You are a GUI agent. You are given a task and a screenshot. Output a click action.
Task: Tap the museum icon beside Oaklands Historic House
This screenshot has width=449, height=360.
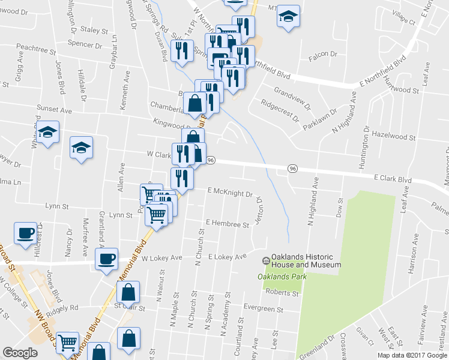[x=265, y=260]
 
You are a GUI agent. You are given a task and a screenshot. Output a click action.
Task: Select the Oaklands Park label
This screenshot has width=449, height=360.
[x=282, y=277]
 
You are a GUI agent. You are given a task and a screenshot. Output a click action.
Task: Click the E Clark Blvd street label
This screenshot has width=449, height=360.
[x=393, y=178]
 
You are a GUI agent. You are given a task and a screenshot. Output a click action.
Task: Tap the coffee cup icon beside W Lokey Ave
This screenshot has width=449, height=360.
[x=107, y=259]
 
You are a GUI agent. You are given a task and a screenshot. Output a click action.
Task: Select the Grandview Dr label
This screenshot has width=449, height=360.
[x=292, y=96]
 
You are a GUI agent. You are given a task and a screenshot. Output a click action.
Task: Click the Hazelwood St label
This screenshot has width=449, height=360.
[x=394, y=134]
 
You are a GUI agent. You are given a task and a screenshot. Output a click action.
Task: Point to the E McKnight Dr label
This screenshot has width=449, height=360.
[x=230, y=193]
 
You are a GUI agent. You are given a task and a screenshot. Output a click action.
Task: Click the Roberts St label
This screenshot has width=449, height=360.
[x=282, y=293]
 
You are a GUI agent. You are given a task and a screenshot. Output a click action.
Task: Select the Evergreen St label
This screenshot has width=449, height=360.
[x=264, y=309]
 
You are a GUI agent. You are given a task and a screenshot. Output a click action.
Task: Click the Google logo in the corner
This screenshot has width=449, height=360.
[x=20, y=353]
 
